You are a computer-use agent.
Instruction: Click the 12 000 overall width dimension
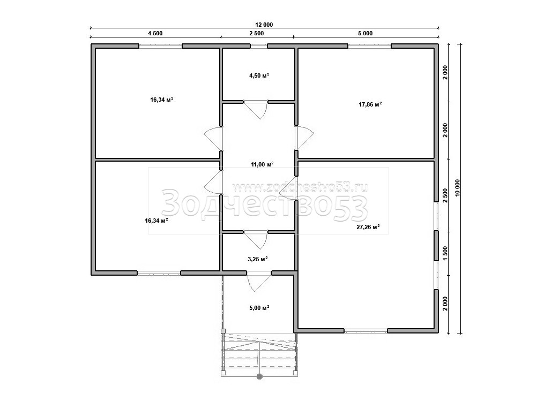264,25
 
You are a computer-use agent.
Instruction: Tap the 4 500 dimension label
155,33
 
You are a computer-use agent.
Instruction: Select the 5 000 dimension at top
366,33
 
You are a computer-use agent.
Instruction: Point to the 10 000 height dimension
458,188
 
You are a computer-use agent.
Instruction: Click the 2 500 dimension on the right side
445,196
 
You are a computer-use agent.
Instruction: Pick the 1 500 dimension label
445,254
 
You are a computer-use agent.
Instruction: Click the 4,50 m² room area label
259,75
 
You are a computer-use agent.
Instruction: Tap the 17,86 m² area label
370,104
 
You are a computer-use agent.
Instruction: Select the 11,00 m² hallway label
262,164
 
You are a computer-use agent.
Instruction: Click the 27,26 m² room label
368,226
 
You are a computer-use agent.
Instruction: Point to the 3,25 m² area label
258,259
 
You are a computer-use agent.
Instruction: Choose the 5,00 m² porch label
259,308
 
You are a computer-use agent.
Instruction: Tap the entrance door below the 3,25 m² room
259,282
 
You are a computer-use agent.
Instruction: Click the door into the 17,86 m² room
304,138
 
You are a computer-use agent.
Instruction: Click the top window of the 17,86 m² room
370,46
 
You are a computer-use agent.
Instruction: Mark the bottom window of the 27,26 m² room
366,331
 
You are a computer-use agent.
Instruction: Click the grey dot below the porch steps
259,377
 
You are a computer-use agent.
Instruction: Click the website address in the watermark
300,186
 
